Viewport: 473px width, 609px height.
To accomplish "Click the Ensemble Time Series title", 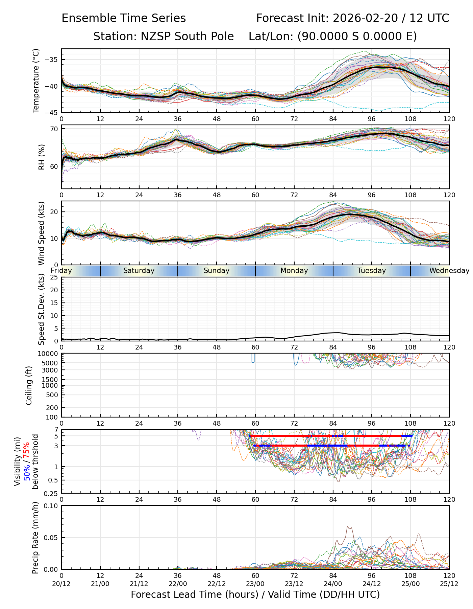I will coord(124,18).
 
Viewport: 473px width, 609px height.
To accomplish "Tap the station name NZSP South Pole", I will coord(164,37).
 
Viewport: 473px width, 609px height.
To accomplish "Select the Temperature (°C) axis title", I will coord(36,81).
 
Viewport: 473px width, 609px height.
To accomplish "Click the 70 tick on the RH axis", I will coord(55,129).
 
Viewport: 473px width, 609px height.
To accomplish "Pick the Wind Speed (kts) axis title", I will coord(41,233).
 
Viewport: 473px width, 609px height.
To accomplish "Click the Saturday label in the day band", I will coord(139,271).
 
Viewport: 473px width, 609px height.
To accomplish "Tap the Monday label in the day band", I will coord(294,271).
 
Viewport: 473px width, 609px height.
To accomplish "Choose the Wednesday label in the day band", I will coord(449,271).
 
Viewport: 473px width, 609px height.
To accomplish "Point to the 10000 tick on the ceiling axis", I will coord(49,354).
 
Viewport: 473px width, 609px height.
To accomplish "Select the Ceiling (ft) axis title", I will coord(29,385).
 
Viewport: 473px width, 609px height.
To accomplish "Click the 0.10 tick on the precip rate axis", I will coord(52,506).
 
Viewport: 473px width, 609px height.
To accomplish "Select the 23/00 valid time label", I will coord(255,584).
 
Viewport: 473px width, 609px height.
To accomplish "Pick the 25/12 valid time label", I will coord(449,584).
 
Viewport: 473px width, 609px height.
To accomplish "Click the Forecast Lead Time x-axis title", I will coord(255,594).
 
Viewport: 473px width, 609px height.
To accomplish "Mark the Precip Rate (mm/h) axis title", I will coord(35,538).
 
